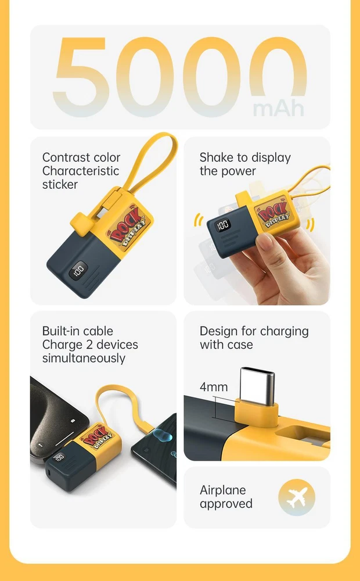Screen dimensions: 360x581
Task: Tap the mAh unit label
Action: pos(279,108)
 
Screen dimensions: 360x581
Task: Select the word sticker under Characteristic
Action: pos(60,185)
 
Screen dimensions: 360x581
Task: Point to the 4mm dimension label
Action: pos(214,387)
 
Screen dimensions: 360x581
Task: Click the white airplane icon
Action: pos(297,497)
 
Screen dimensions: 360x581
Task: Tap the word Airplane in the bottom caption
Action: pos(222,490)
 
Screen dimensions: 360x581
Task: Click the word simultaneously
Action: pos(84,358)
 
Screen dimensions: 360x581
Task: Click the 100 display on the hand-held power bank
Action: pos(223,225)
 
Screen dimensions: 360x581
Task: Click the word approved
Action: pos(226,504)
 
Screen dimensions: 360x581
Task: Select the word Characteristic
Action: pos(81,171)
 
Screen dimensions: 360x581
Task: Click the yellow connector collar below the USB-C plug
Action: pos(256,411)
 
